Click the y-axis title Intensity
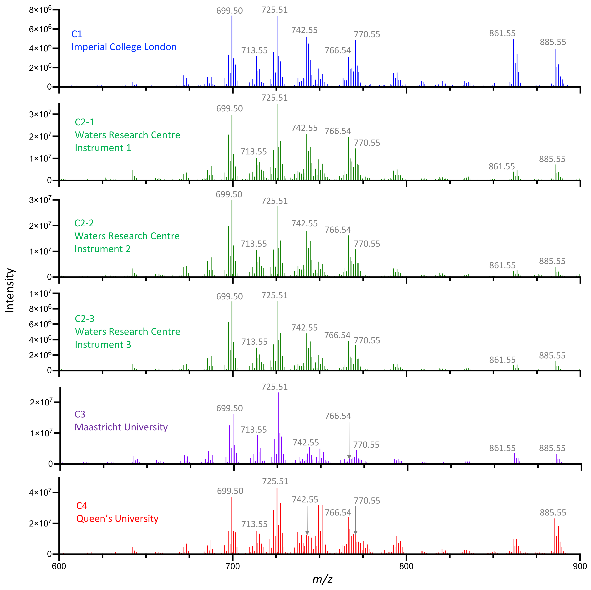click(x=10, y=290)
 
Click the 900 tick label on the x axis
click(x=579, y=566)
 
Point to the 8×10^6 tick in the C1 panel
click(x=40, y=10)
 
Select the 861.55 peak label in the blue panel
click(x=502, y=33)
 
